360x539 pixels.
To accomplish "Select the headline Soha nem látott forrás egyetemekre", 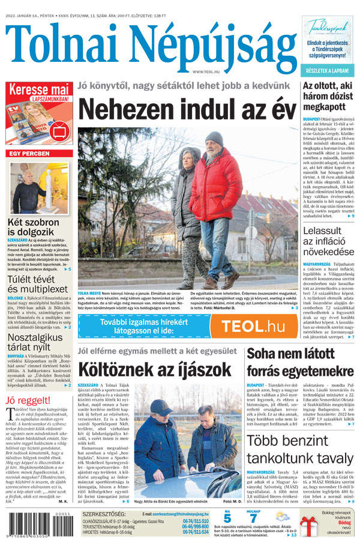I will [300, 362].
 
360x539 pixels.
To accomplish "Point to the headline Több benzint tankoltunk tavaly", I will [300, 448].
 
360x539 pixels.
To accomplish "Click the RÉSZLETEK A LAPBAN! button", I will [328, 70].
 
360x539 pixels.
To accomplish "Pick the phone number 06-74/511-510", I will [196, 521].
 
